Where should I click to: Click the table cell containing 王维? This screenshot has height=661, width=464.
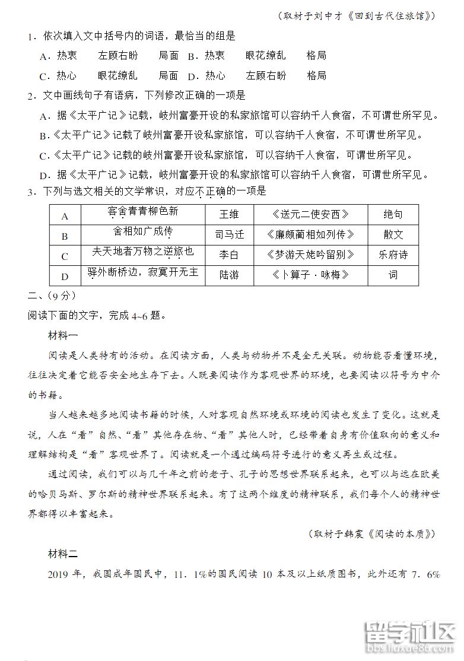coord(229,215)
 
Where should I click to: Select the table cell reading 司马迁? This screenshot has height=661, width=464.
coord(229,235)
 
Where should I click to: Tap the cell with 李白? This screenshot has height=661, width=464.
coord(229,255)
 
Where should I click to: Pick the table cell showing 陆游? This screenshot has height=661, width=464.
coord(229,275)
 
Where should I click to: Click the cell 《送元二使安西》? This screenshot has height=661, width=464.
coord(310,215)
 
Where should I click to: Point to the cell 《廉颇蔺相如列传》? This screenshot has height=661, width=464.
coord(310,235)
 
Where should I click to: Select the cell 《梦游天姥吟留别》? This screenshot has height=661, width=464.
coord(310,255)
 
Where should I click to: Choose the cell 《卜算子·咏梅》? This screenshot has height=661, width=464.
coord(310,275)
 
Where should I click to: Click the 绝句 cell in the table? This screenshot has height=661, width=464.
coord(393,215)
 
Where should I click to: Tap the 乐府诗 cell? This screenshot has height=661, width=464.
coord(393,255)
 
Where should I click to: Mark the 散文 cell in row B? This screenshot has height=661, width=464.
coord(393,235)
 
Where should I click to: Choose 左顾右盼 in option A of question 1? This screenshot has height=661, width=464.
coord(118,56)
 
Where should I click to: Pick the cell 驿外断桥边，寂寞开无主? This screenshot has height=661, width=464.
coord(142,274)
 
